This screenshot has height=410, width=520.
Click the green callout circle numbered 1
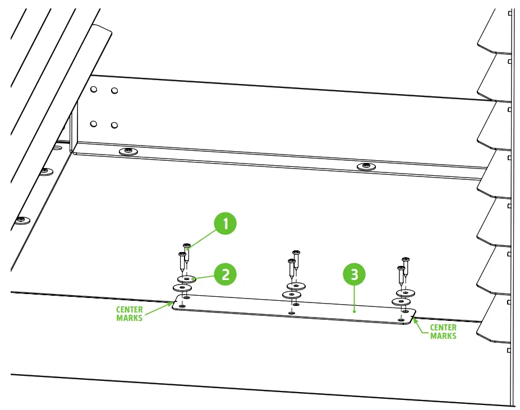click(226, 224)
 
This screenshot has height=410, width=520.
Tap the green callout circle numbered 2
click(226, 274)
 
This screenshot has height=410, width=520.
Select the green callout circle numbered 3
click(353, 274)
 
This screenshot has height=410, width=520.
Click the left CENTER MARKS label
click(130, 314)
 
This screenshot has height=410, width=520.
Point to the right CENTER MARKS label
click(443, 332)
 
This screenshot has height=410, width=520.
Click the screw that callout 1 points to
click(187, 253)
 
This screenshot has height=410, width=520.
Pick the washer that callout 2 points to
click(186, 278)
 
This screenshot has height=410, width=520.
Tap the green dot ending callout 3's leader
click(354, 309)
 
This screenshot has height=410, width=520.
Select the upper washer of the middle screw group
click(296, 286)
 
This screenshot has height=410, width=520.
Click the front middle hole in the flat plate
click(291, 312)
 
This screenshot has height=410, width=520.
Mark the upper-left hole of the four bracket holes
click(94, 89)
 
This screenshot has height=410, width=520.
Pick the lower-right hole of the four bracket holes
click(114, 125)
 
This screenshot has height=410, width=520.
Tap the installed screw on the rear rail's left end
click(129, 151)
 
